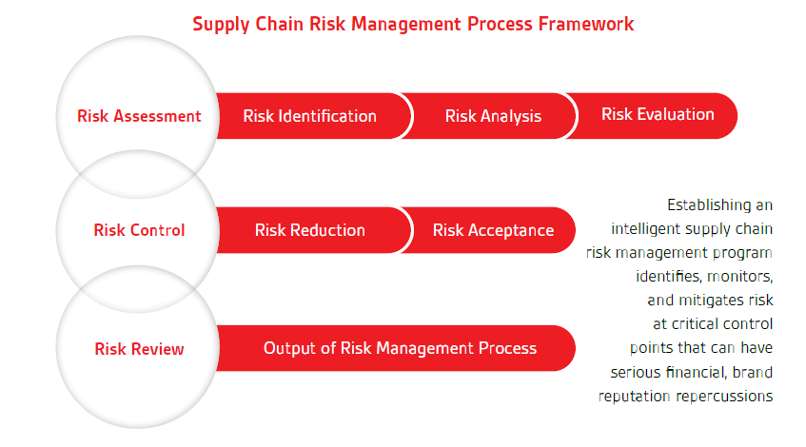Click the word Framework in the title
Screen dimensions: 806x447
586,24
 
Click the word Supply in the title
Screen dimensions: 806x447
221,25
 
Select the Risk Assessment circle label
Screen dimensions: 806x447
139,116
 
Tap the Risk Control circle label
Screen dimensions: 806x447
139,230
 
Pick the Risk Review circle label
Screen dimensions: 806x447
139,349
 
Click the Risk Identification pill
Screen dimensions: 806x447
309,116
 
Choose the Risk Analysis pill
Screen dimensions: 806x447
493,116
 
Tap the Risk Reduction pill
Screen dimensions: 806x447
309,230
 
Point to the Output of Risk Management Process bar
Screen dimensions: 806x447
396,348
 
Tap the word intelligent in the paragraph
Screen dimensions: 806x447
643,229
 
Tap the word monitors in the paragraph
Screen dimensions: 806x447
740,277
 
